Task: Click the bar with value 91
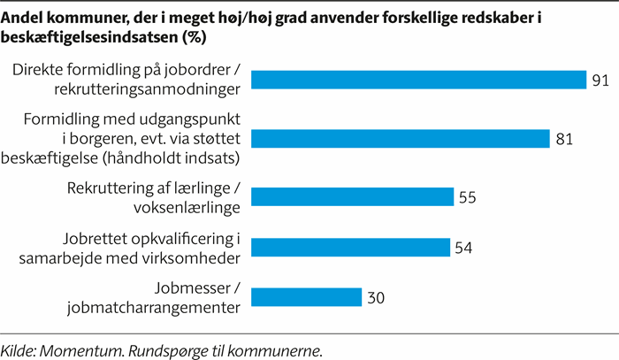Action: tap(419, 80)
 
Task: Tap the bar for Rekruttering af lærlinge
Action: tap(353, 197)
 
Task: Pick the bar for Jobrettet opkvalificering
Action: tap(351, 248)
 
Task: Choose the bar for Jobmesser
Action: tap(307, 298)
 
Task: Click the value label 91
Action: tap(600, 80)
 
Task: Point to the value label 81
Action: tap(566, 139)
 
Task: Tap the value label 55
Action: tap(468, 197)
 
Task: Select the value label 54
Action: tap(464, 248)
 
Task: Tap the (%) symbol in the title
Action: tap(193, 37)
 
